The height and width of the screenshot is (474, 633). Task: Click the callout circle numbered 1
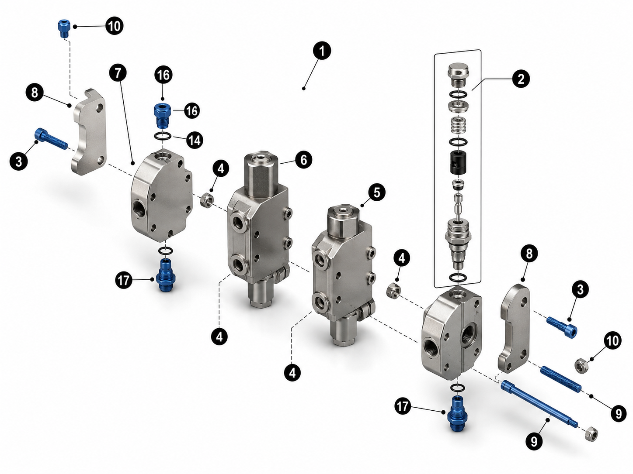pos(322,51)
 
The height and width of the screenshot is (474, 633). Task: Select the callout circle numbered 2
pos(521,79)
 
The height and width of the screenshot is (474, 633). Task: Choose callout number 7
pos(118,73)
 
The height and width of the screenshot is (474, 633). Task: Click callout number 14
pos(195,140)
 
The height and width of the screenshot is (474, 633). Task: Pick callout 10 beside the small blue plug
pos(114,26)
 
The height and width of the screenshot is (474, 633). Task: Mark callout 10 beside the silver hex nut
pos(612,340)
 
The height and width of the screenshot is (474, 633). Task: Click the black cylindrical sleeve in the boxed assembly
pos(458,163)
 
